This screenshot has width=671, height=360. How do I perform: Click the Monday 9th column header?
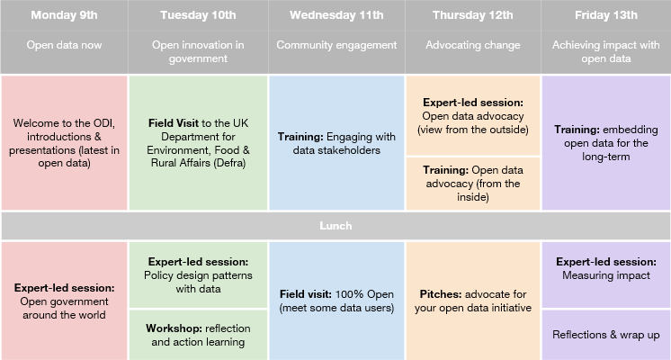64,15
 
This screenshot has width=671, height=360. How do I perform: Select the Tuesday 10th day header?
198,15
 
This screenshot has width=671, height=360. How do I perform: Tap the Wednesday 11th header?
336,15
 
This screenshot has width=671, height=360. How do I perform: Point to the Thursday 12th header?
473,15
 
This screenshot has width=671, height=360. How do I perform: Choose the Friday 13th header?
606,15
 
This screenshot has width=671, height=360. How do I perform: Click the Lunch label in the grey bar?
335,226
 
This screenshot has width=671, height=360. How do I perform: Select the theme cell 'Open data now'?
64,45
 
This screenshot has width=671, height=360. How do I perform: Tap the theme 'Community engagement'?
336,45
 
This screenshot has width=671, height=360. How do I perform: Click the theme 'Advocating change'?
473,45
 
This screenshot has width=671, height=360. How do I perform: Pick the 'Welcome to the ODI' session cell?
64,143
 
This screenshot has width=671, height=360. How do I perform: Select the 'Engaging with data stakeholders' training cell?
336,143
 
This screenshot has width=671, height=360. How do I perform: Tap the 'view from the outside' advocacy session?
473,115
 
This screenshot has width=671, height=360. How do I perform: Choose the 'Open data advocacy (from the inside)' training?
473,184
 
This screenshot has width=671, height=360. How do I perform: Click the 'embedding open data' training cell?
606,143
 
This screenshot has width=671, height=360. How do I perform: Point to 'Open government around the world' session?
64,301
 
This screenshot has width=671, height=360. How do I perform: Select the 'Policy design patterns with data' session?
198,274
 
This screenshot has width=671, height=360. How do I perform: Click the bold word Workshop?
174,328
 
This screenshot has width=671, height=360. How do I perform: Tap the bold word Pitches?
441,294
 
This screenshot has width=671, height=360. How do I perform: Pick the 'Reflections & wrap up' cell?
606,335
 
